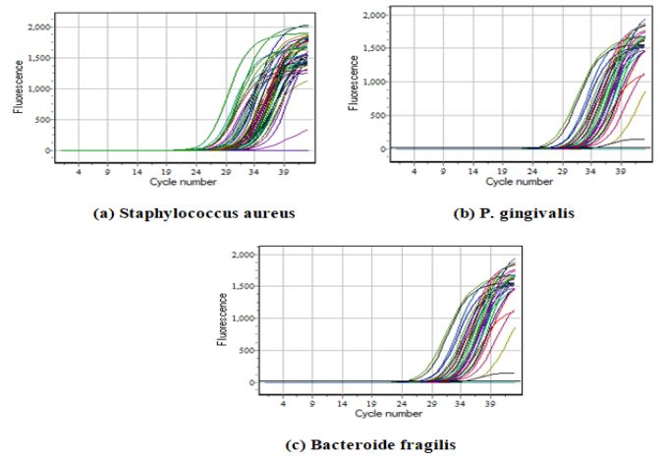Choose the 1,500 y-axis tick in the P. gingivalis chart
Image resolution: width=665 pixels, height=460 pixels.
[364, 48]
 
